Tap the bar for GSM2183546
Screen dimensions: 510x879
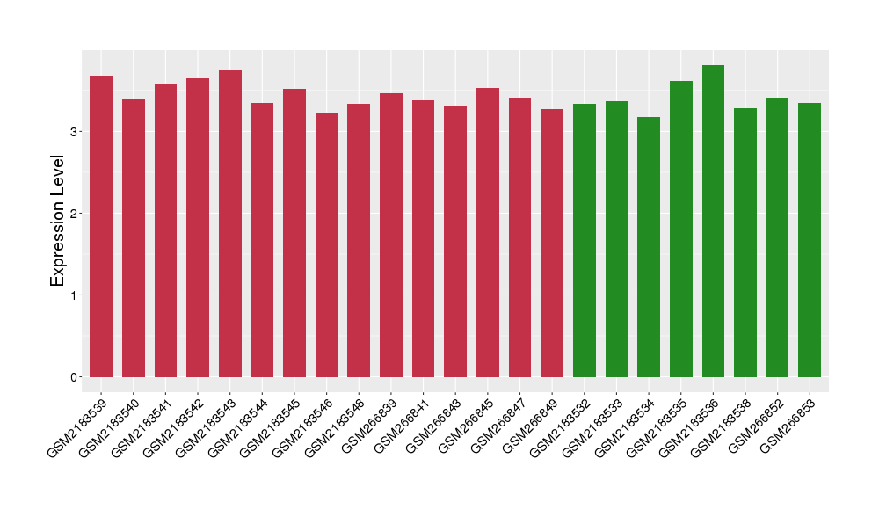pos(327,245)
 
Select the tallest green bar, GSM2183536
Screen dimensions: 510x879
pos(713,221)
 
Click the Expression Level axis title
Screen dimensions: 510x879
pos(58,221)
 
